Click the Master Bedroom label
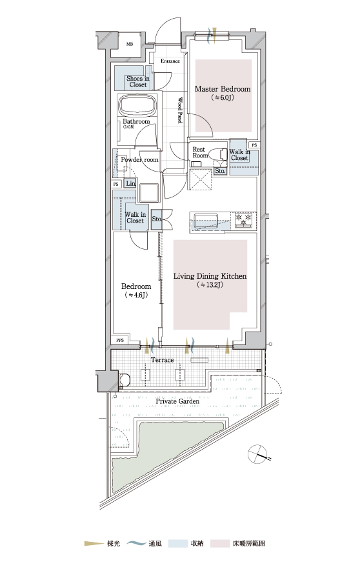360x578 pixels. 223,89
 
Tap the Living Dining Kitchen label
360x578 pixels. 210,276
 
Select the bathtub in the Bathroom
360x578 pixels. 138,105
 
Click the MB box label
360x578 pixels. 130,45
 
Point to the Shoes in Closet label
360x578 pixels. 138,81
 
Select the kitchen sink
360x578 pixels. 205,221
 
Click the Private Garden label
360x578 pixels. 177,401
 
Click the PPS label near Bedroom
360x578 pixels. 120,340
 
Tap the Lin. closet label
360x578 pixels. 131,183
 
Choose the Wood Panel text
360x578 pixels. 180,110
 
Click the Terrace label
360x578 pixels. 162,360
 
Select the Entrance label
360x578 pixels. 170,61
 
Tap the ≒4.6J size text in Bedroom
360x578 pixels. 137,295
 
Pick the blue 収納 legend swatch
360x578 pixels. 177,543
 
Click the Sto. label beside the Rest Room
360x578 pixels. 220,171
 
